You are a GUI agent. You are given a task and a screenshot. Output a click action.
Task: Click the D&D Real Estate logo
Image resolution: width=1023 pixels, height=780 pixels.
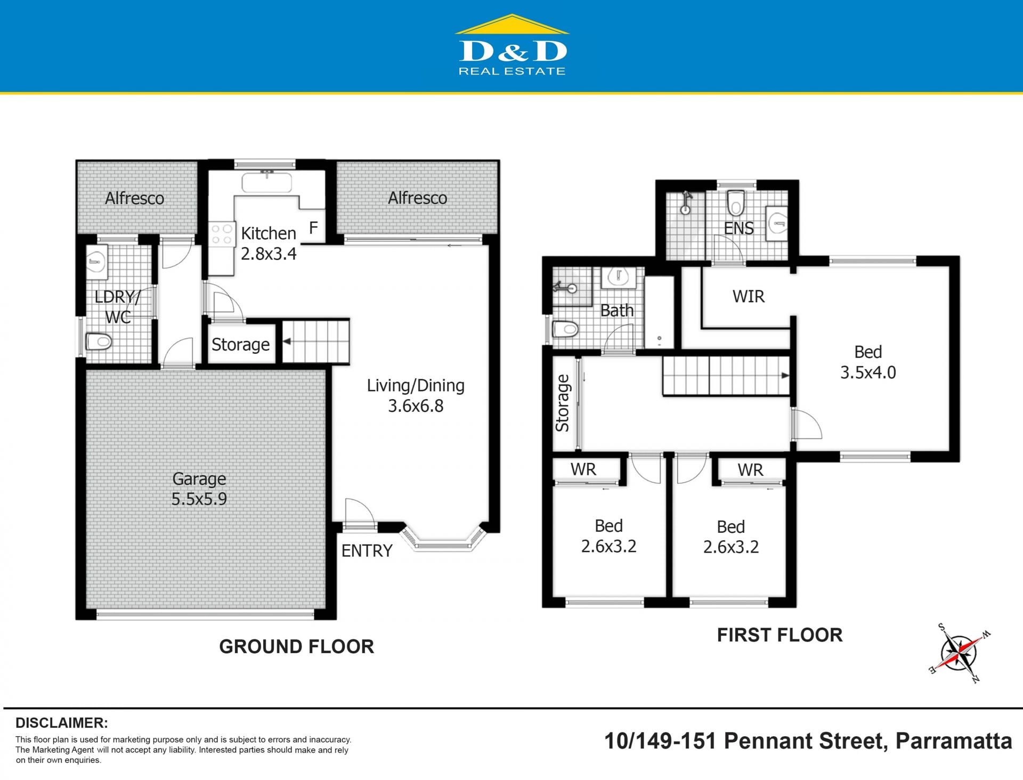point(512,45)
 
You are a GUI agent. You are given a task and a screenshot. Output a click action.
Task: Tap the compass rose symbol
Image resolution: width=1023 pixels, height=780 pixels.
point(959,652)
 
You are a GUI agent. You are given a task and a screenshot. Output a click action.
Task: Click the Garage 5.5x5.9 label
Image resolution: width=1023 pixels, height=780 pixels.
point(199,489)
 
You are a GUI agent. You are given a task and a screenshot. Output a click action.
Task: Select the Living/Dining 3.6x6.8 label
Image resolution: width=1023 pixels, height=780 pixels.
point(416,395)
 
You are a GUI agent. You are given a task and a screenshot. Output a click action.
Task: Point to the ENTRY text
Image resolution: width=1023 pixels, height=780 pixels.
point(367,550)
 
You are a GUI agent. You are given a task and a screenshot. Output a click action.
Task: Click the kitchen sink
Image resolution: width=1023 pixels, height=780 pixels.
point(266,182)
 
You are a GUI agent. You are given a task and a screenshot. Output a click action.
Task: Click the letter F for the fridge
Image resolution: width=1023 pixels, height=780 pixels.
point(313,228)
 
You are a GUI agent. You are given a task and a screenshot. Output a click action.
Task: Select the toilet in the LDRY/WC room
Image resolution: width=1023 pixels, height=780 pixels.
point(99,340)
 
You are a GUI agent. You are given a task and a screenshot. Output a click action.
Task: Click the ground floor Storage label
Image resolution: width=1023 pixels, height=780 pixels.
point(240,344)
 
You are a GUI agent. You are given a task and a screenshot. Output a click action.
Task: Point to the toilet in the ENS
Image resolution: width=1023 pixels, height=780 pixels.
point(736,202)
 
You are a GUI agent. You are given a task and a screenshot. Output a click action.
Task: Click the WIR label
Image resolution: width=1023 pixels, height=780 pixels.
point(748,296)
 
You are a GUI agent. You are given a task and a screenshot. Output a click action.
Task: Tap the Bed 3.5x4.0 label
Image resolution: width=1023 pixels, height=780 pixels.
point(868,362)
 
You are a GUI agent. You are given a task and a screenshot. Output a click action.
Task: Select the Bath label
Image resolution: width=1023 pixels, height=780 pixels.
point(617,310)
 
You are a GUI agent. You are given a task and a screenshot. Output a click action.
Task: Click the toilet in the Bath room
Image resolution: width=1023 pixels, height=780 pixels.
point(565,329)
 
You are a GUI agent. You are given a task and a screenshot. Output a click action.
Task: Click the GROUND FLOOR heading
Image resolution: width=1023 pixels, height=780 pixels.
point(297,646)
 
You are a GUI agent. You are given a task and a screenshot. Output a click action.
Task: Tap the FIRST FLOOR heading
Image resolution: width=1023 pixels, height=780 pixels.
point(780,635)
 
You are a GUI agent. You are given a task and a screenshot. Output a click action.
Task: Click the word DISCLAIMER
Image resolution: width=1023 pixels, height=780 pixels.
point(62,723)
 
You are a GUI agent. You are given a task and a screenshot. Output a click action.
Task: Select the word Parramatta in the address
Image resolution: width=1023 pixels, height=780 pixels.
point(954,741)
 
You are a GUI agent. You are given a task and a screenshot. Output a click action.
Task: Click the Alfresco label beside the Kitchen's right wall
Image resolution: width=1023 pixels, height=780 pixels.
point(418,198)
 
